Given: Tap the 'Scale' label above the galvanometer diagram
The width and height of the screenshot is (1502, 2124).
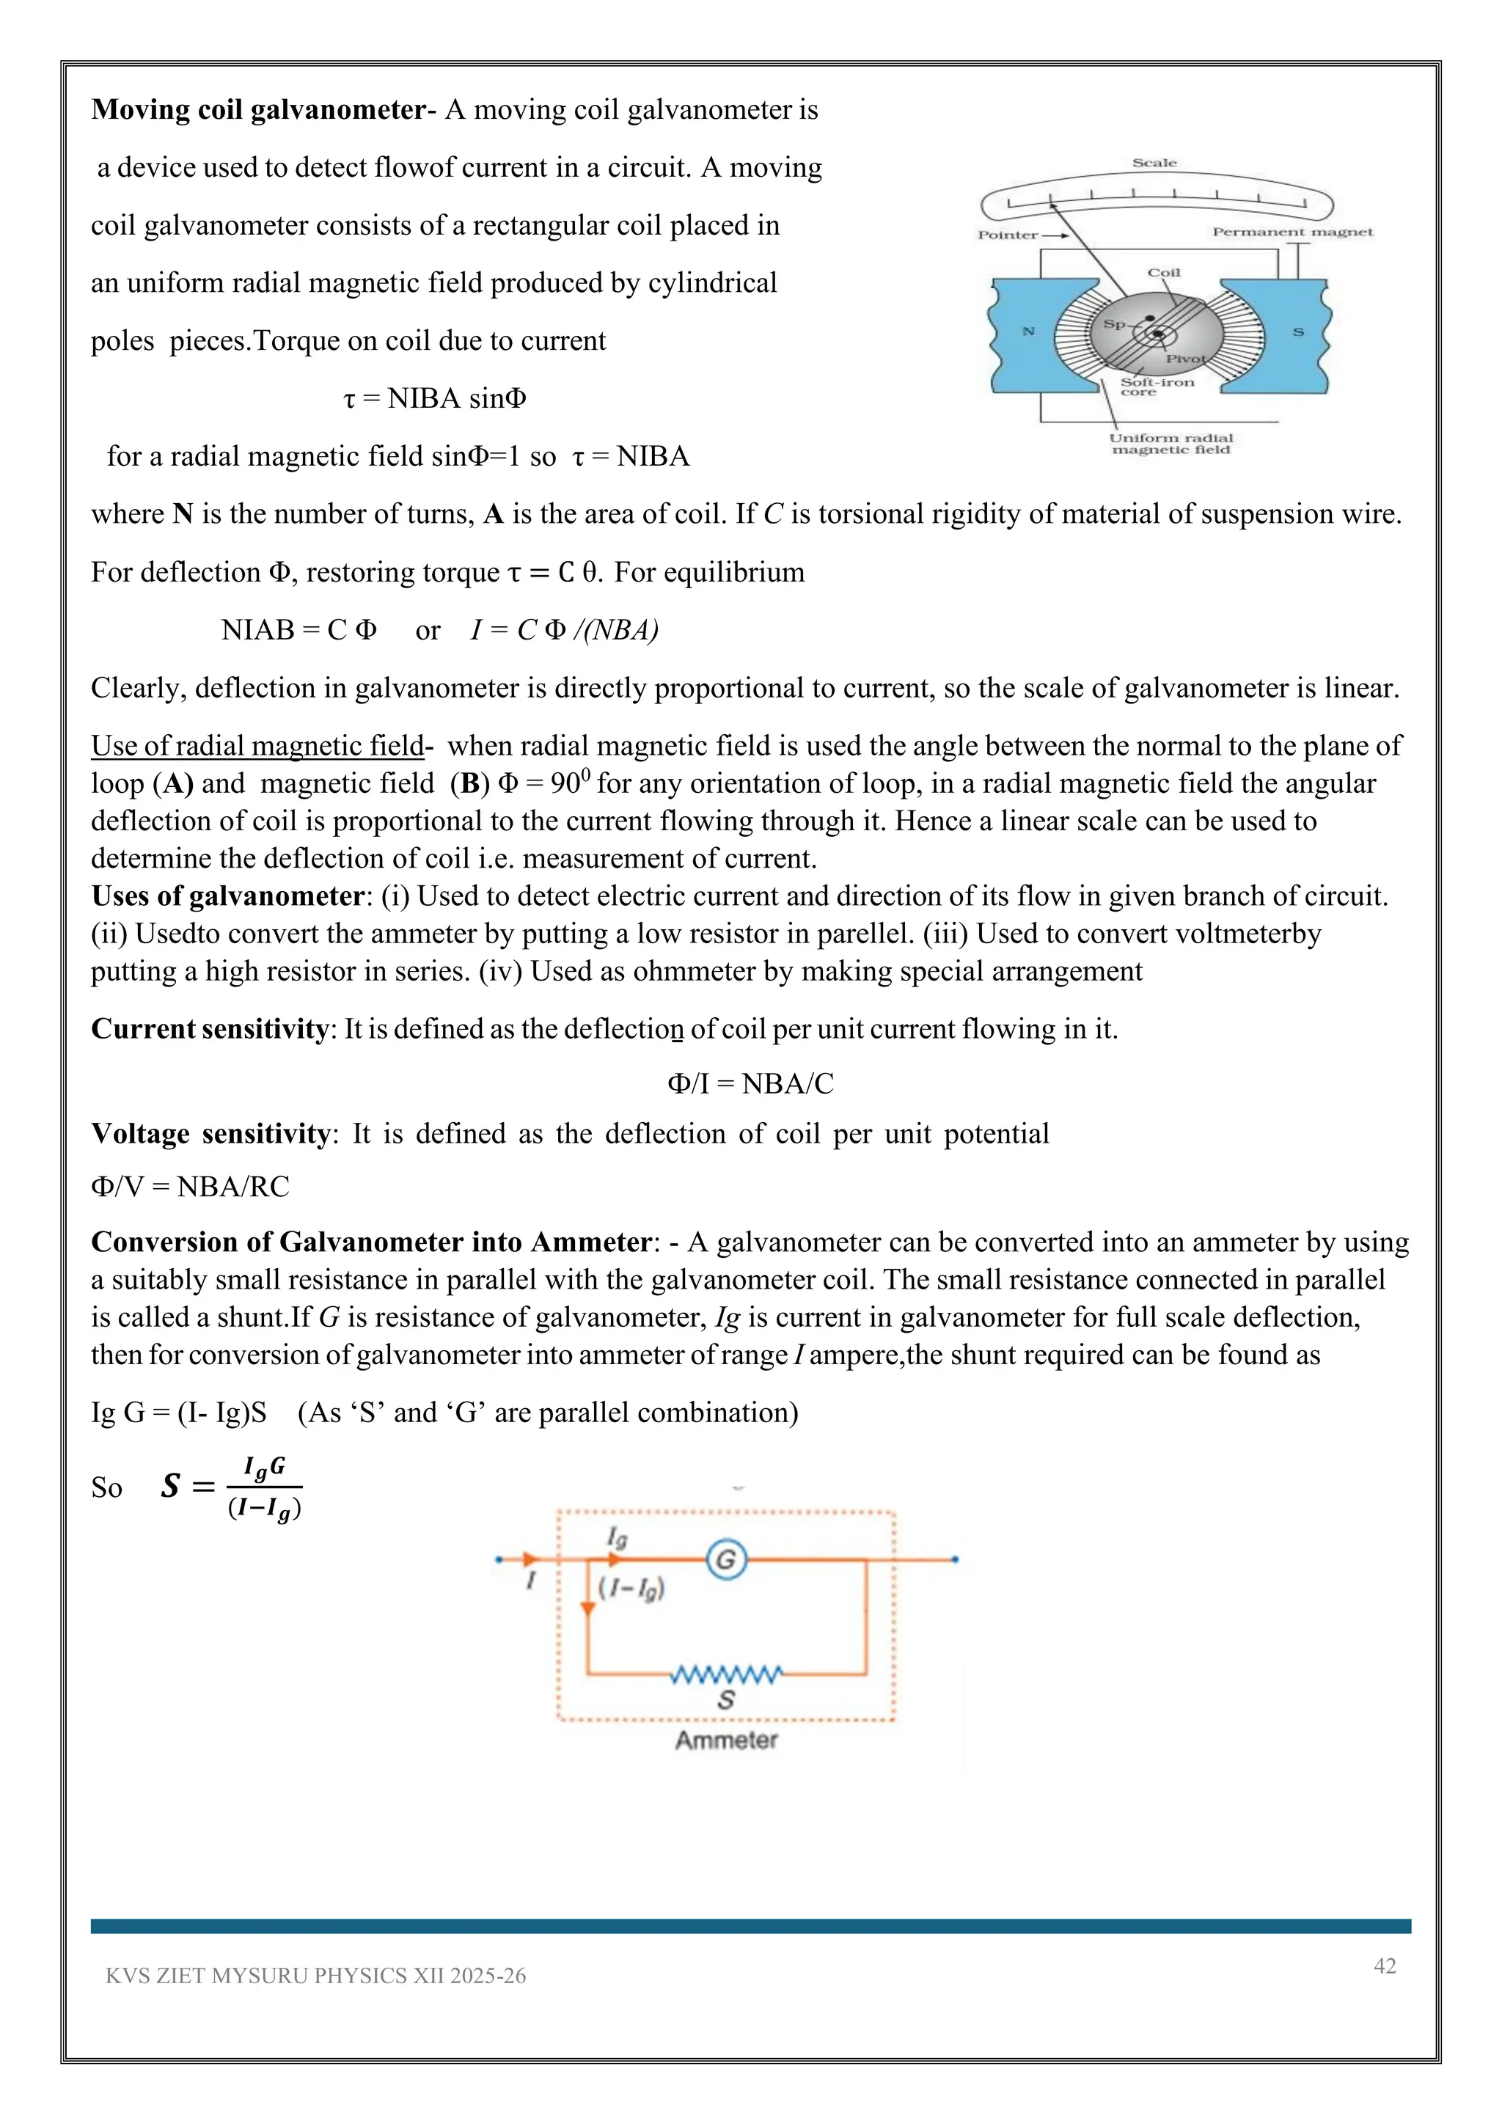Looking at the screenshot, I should (1154, 163).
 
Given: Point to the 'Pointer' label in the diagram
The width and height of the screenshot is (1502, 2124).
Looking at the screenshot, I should (1008, 235).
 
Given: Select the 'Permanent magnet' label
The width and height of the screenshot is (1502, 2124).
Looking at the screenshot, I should (1292, 232).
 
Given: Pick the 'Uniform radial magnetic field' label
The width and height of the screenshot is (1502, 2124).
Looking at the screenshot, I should (1171, 444).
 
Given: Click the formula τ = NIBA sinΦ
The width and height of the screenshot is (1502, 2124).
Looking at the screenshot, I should (435, 399).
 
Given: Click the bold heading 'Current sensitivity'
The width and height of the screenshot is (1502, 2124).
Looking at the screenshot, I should (209, 1029).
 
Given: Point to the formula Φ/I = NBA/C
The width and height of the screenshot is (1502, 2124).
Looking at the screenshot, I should (750, 1083).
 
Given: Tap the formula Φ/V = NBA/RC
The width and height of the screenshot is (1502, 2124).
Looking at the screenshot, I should (191, 1186).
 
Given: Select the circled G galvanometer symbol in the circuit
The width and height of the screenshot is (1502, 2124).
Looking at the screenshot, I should (726, 1560).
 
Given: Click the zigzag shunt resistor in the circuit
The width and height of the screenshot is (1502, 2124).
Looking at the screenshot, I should (726, 1674).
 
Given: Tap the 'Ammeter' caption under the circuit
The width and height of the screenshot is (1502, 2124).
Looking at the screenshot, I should (726, 1740).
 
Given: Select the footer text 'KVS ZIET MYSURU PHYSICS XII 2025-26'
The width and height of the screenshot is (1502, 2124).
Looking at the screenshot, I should (315, 1976).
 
